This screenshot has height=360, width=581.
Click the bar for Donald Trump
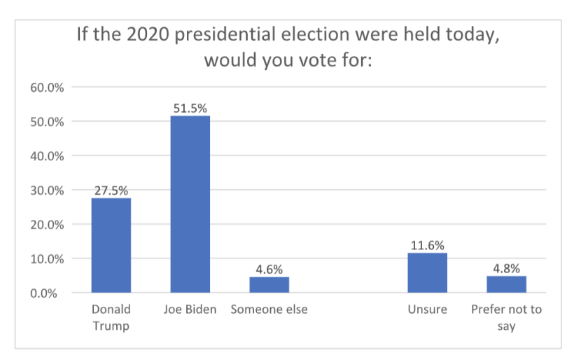(111, 245)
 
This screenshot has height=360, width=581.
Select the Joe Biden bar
(190, 204)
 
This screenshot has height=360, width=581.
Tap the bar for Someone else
(269, 284)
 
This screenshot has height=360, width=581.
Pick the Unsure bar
(427, 272)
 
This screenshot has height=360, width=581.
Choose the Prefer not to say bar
(506, 284)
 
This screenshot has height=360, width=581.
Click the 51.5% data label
(190, 108)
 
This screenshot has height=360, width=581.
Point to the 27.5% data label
(111, 190)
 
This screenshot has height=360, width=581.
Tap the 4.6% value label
(269, 269)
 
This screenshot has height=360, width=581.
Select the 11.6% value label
(427, 245)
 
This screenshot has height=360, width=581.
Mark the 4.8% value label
(506, 268)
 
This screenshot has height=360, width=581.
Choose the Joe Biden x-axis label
(190, 310)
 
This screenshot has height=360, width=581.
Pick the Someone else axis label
(269, 310)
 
